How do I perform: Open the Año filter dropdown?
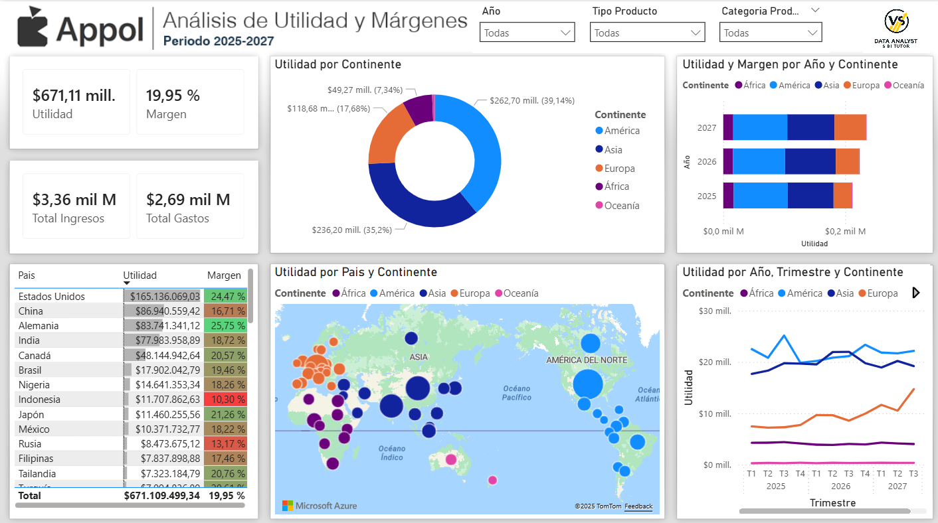point(527,33)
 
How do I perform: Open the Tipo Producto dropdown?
point(647,33)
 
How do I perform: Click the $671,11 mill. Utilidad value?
point(74,96)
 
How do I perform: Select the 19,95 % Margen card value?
point(173,96)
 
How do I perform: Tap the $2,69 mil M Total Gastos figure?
point(188,200)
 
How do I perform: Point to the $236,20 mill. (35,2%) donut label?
point(351,230)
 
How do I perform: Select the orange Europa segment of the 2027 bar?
point(850,127)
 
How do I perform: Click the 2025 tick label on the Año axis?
point(707,196)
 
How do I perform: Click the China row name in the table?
point(31,311)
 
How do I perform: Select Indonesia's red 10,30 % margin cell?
point(225,400)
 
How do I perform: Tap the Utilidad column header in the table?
point(140,275)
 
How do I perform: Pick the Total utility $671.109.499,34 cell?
point(161,496)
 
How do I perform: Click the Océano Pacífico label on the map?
point(517,393)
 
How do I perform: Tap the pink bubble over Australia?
point(451,459)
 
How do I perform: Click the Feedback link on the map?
point(638,506)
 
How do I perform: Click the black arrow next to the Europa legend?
point(917,293)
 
